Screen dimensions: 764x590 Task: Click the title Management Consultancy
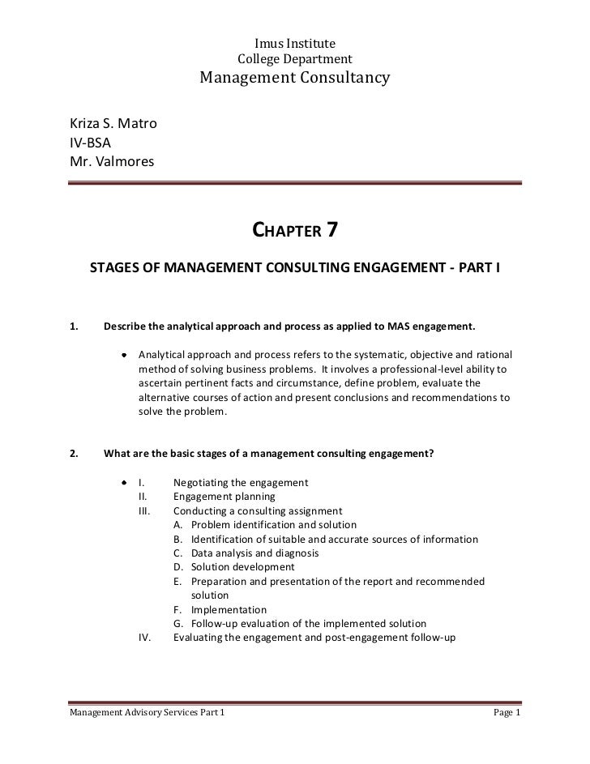(295, 79)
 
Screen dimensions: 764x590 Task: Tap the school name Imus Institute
(294, 43)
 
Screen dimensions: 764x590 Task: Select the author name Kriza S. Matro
(113, 125)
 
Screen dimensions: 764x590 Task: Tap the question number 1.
(74, 327)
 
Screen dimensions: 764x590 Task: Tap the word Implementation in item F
(229, 609)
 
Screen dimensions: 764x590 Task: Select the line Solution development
(243, 567)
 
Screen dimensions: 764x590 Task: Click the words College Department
(294, 59)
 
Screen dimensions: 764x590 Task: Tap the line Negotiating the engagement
(241, 483)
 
